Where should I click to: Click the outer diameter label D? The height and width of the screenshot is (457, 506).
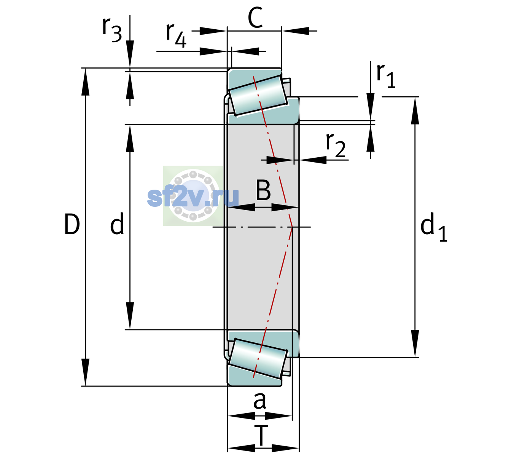pyautogui.click(x=72, y=224)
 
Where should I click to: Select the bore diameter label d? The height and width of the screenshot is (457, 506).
pyautogui.click(x=117, y=224)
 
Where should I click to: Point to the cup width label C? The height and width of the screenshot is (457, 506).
pyautogui.click(x=255, y=18)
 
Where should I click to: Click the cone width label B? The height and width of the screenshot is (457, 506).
pyautogui.click(x=263, y=190)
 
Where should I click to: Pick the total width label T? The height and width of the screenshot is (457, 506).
pyautogui.click(x=261, y=436)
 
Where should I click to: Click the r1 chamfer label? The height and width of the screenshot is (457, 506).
pyautogui.click(x=386, y=76)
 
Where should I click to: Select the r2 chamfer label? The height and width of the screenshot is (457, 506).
pyautogui.click(x=336, y=145)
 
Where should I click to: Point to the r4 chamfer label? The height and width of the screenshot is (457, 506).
pyautogui.click(x=176, y=35)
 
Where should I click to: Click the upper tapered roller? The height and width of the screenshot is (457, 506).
pyautogui.click(x=258, y=96)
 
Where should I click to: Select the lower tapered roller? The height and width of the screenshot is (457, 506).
pyautogui.click(x=258, y=359)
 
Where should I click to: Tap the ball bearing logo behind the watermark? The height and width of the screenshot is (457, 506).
pyautogui.click(x=193, y=196)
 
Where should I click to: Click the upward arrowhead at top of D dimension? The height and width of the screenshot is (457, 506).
pyautogui.click(x=85, y=82)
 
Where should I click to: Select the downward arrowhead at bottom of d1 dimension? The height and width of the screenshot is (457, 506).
pyautogui.click(x=415, y=344)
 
